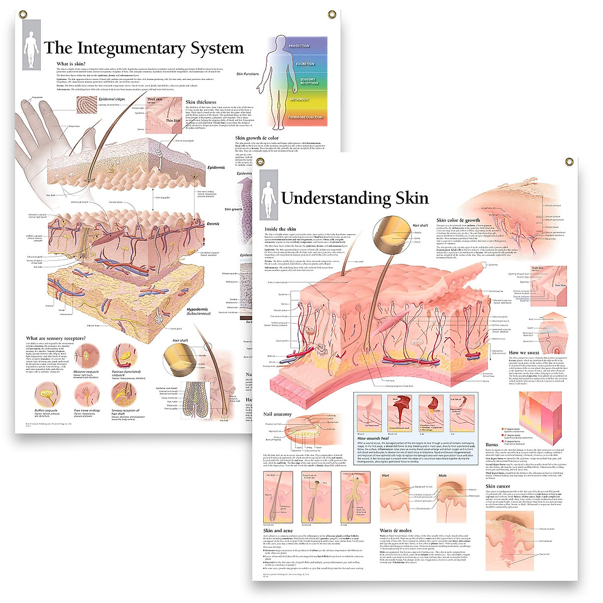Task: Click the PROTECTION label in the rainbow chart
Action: [x=299, y=46]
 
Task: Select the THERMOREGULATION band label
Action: [x=305, y=117]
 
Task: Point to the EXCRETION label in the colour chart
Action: [x=305, y=64]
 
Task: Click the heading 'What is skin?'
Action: [x=71, y=64]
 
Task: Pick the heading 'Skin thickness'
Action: [x=200, y=102]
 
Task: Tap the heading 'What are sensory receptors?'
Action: [x=56, y=338]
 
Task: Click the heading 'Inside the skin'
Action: [x=280, y=229]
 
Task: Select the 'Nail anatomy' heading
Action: [x=277, y=414]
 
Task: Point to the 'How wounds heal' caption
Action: [x=373, y=439]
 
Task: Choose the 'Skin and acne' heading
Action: [x=278, y=531]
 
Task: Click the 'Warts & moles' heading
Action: [x=395, y=531]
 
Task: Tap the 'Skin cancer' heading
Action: [x=497, y=486]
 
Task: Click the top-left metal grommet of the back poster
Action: [x=23, y=15]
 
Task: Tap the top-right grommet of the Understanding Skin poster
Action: [x=569, y=162]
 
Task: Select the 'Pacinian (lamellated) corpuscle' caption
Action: [x=122, y=373]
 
